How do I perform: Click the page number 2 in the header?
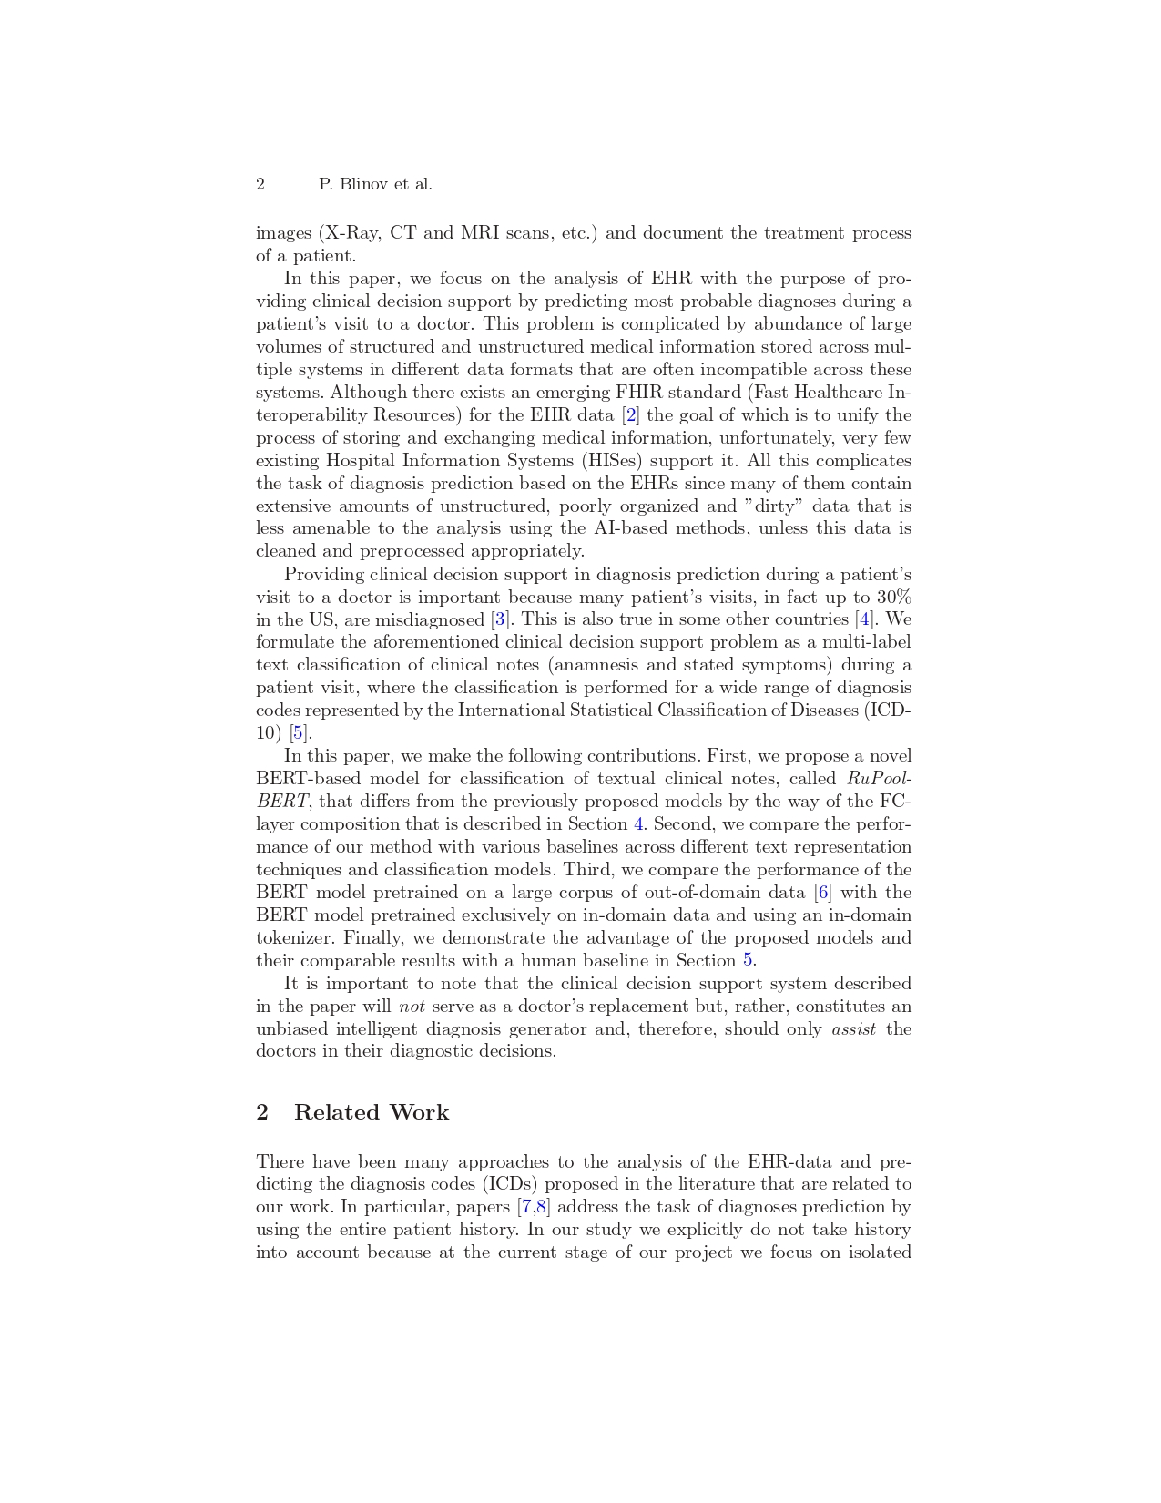pos(260,185)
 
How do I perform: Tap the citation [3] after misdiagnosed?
pos(500,620)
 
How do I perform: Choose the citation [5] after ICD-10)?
pos(299,733)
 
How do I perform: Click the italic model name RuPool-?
pos(879,779)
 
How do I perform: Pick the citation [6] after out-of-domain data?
pos(823,893)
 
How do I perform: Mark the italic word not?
pos(412,1007)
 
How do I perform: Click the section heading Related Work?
pos(372,1112)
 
